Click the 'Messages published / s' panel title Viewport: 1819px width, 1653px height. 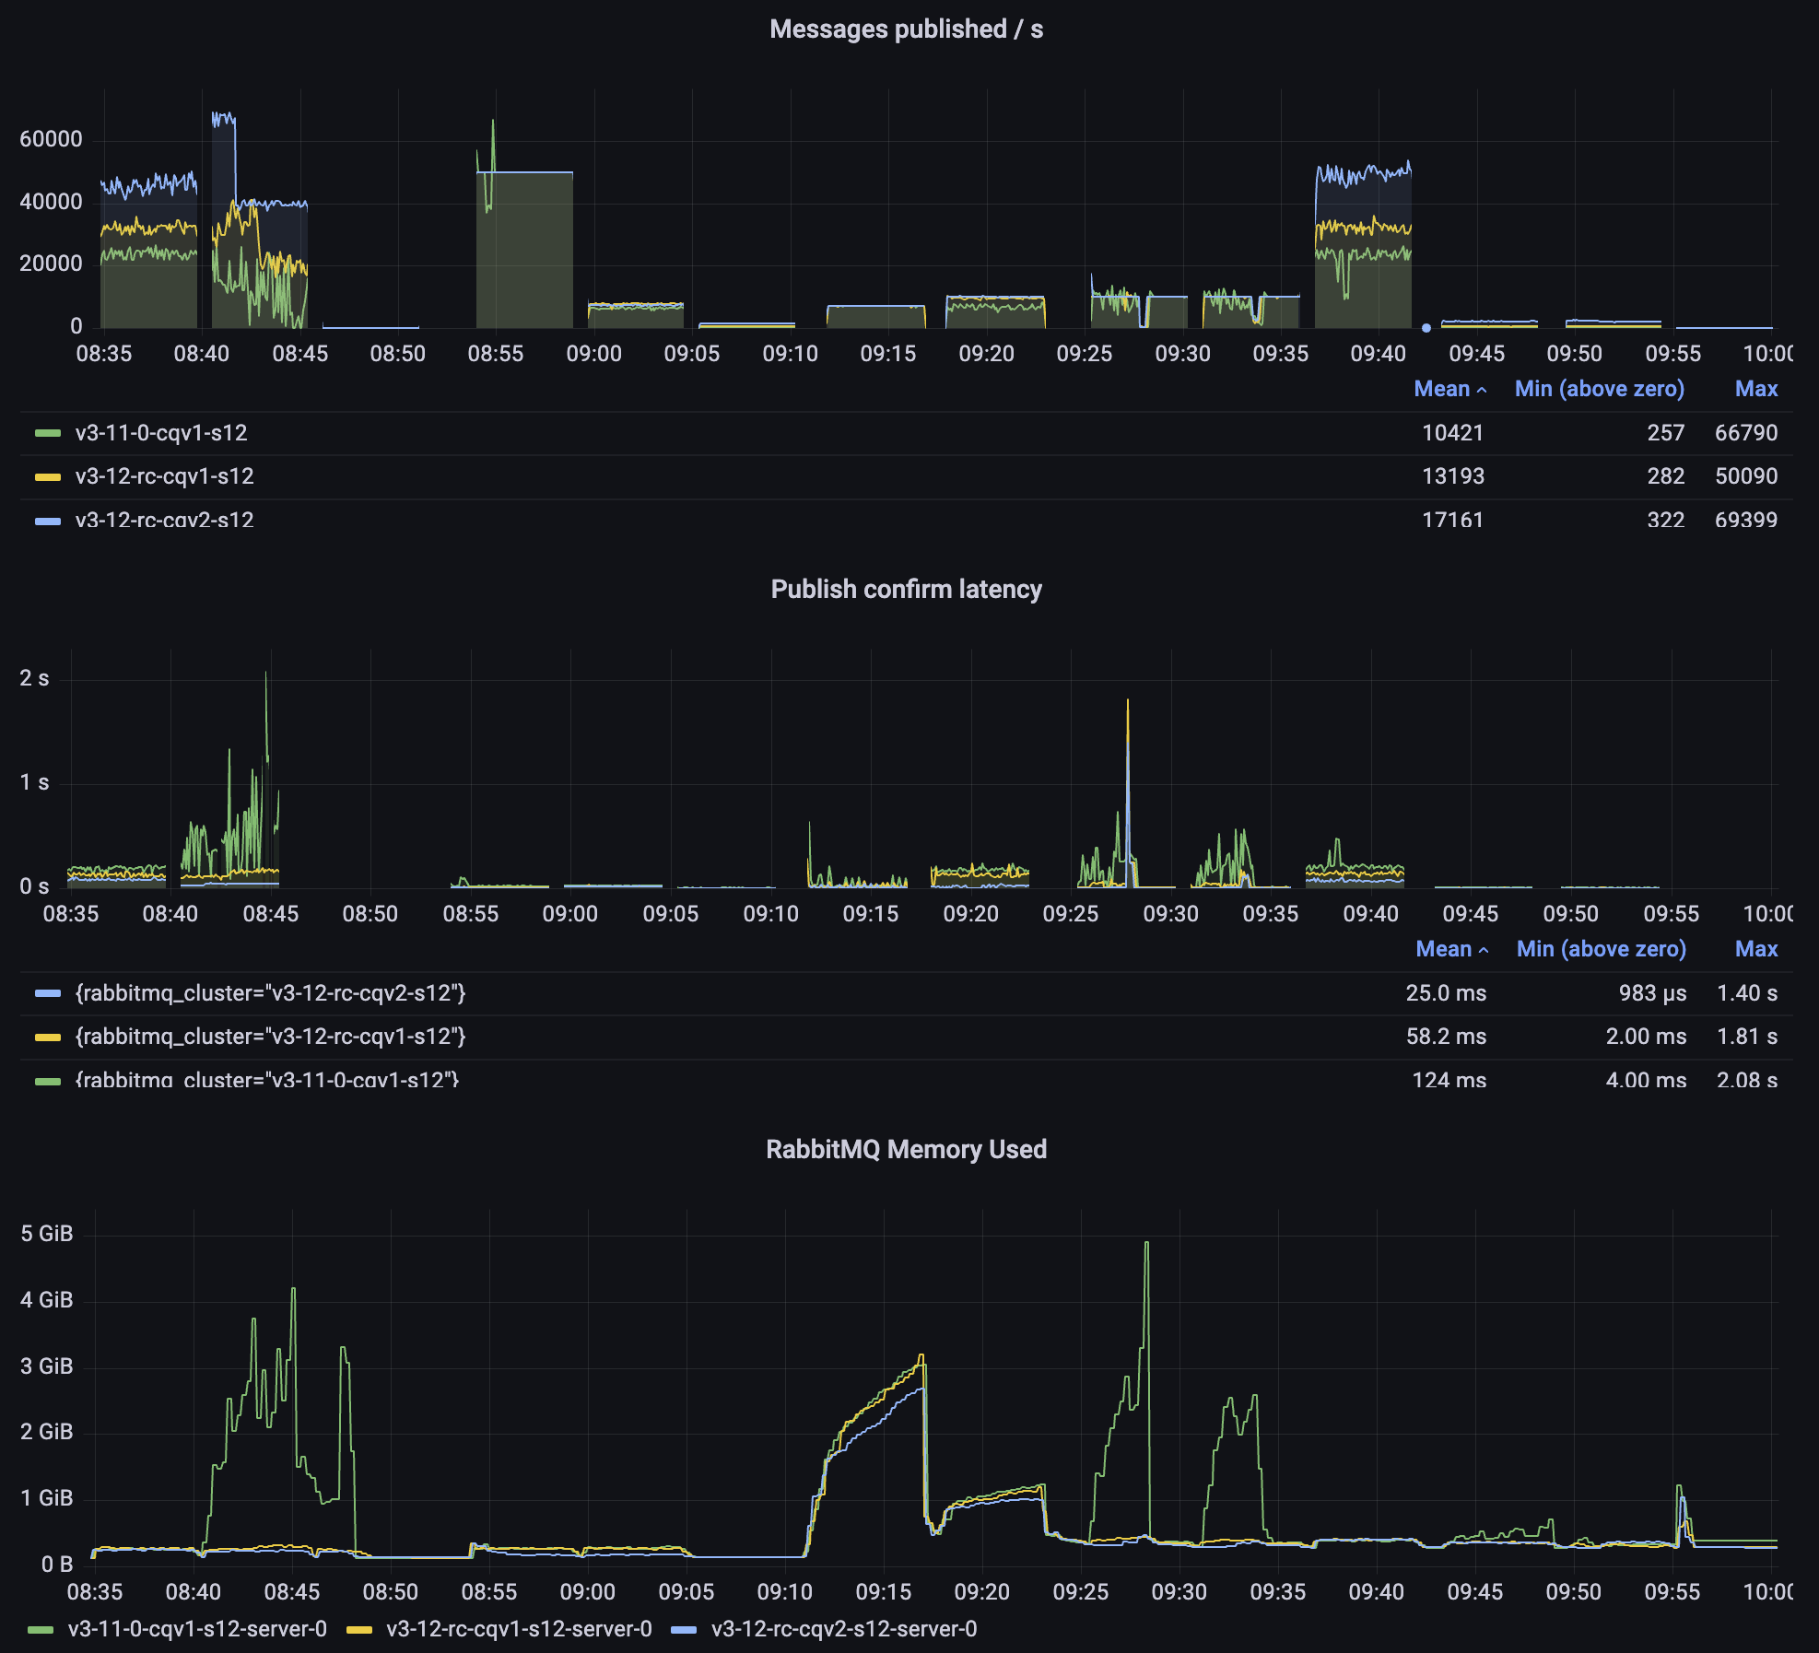point(906,29)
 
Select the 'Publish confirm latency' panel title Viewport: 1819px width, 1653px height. point(906,590)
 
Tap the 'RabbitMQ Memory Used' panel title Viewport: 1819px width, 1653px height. point(906,1150)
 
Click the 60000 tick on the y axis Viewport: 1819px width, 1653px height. point(51,139)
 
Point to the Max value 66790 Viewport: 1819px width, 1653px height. point(1745,433)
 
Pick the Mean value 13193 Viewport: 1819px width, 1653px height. point(1452,476)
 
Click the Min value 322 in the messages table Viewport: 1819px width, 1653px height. point(1665,520)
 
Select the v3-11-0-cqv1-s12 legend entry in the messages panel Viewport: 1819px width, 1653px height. point(160,433)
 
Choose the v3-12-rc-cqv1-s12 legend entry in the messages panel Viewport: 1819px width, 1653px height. point(164,476)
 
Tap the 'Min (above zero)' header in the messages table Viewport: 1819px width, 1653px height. point(1599,389)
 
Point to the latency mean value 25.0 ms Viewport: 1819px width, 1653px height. point(1445,993)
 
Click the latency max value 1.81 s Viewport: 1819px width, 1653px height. point(1746,1037)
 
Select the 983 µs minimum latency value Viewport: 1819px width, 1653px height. point(1652,993)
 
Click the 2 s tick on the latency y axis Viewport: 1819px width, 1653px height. point(34,678)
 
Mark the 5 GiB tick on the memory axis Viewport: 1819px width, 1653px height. point(46,1234)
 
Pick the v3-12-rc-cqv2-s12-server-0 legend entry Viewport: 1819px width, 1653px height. point(843,1629)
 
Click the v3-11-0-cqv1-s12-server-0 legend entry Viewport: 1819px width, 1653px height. point(197,1629)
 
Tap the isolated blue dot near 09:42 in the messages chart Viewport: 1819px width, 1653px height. point(1426,328)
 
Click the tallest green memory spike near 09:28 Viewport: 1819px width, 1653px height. point(1146,1244)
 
